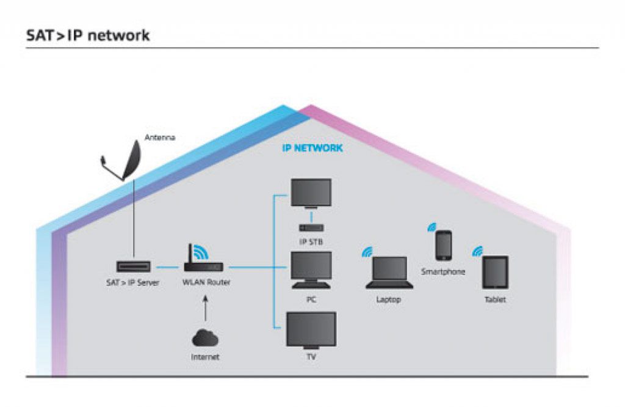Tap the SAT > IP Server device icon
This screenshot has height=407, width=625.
[133, 267]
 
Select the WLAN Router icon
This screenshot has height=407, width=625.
[204, 266]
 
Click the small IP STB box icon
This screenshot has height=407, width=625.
[311, 227]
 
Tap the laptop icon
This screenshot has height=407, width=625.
[389, 273]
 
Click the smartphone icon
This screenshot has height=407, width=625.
[444, 245]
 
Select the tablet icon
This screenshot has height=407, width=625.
[495, 273]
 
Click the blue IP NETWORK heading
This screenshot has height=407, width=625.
[312, 148]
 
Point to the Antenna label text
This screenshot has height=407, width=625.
[160, 138]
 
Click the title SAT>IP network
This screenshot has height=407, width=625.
[88, 35]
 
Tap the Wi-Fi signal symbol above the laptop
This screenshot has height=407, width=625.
[367, 251]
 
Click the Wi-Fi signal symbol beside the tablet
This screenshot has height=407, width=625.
[477, 251]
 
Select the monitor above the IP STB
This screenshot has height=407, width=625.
[311, 194]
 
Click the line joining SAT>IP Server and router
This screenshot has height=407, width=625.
[166, 267]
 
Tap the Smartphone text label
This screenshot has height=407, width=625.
[443, 271]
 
